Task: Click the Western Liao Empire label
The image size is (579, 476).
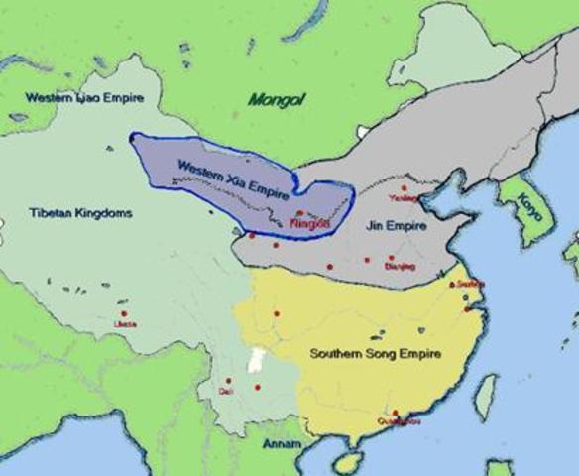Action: pyautogui.click(x=85, y=98)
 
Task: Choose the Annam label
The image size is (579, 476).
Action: pyautogui.click(x=281, y=443)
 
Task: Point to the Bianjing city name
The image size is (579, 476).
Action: pyautogui.click(x=400, y=267)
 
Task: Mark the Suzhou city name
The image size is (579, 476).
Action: pyautogui.click(x=469, y=284)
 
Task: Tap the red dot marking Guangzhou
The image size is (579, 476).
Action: pyautogui.click(x=396, y=414)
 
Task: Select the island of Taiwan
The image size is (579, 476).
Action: pyautogui.click(x=486, y=397)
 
